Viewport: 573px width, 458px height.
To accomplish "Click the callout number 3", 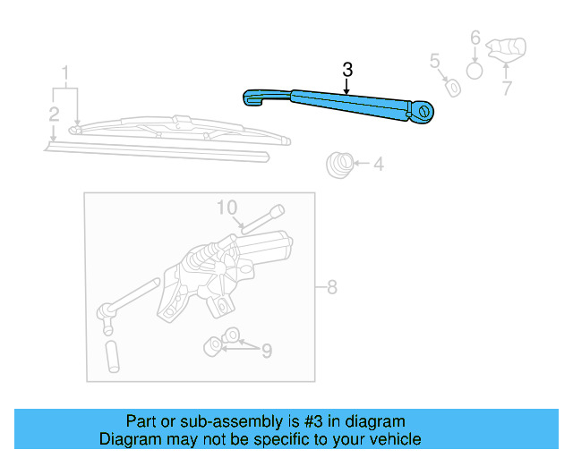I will [x=348, y=70].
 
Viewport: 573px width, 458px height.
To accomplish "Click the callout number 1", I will [x=64, y=72].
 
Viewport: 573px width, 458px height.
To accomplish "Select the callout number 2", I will [x=55, y=114].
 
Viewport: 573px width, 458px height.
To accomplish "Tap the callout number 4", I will [x=378, y=164].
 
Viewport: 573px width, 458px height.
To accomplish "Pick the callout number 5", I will [x=435, y=61].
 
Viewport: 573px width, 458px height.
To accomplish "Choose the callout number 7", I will [x=507, y=88].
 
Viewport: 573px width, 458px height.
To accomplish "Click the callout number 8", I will [x=332, y=287].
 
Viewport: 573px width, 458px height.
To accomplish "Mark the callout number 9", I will [x=266, y=352].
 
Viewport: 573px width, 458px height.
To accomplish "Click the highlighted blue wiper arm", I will [x=340, y=102].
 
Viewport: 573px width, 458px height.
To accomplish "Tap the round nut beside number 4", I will [x=338, y=164].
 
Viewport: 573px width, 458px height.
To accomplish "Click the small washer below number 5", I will [x=454, y=87].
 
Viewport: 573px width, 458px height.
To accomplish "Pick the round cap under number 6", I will [x=475, y=70].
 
